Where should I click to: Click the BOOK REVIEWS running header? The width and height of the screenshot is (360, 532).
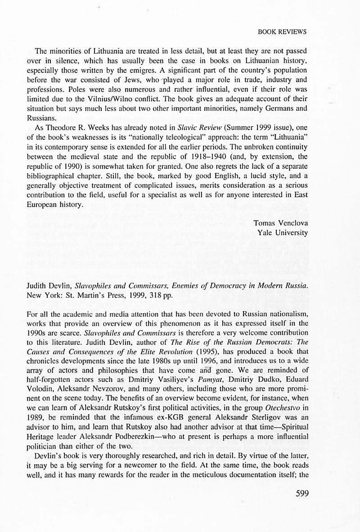(282, 31)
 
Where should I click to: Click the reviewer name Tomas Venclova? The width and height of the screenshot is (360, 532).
(280, 223)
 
